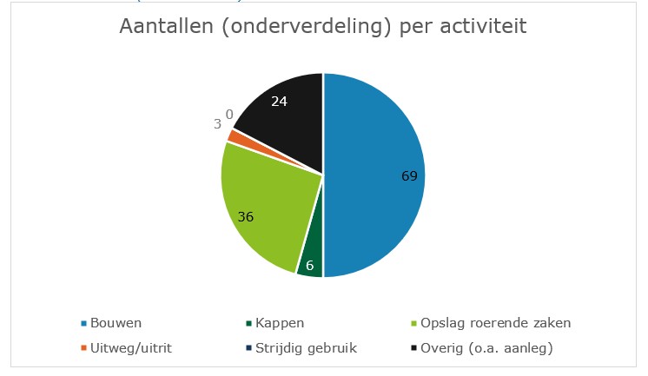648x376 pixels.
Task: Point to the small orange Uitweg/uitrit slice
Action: tap(232, 135)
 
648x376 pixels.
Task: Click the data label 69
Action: tap(409, 176)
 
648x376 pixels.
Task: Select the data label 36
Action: tap(245, 217)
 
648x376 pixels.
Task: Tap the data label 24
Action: tap(279, 101)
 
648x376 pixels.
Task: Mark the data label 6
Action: tap(309, 265)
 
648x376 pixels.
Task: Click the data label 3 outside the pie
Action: tap(217, 124)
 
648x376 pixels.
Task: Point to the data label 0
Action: tap(229, 114)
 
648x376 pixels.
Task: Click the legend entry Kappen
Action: tap(281, 324)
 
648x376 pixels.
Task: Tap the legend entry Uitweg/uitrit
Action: tap(128, 348)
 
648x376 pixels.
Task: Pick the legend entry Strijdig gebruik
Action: tap(306, 348)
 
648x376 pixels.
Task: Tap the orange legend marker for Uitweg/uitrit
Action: tap(84, 348)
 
